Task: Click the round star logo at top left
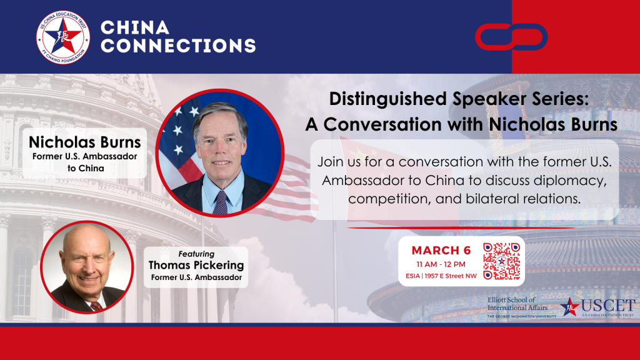63,37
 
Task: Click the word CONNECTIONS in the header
177,46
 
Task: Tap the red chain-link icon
510,37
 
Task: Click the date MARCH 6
441,250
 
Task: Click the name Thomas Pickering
196,265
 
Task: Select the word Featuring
196,254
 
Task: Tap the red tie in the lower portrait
96,306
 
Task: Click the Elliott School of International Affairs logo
521,307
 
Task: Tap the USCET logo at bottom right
598,307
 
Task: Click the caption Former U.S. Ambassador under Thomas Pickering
196,277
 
